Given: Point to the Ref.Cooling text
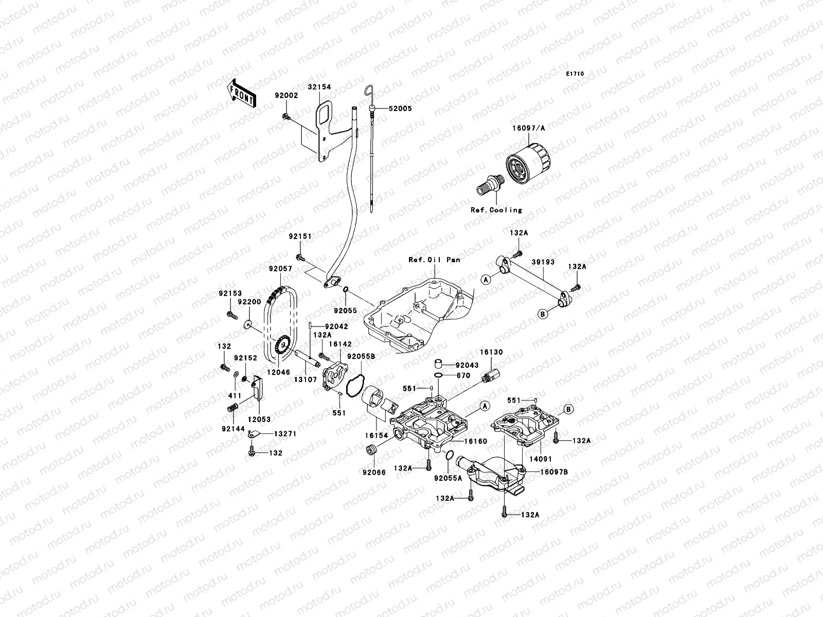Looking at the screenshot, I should [x=496, y=210].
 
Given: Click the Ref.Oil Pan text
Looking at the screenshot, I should [x=434, y=260].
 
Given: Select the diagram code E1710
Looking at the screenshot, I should [x=575, y=74].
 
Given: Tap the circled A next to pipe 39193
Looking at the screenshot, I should [x=485, y=279].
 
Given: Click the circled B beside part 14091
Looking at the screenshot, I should [x=568, y=409].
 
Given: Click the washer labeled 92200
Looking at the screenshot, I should [x=248, y=324].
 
